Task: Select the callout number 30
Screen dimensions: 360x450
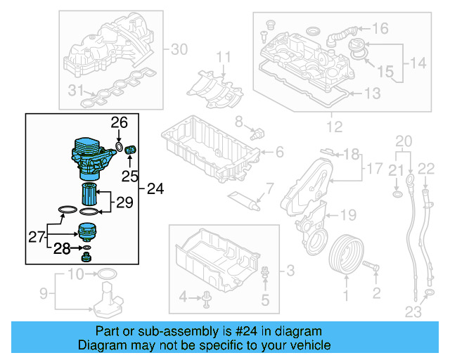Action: tap(180, 49)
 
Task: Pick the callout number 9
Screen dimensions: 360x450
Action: tap(42, 292)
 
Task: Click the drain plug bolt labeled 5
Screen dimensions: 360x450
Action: tap(265, 274)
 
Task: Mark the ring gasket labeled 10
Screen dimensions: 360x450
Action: tap(104, 273)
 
